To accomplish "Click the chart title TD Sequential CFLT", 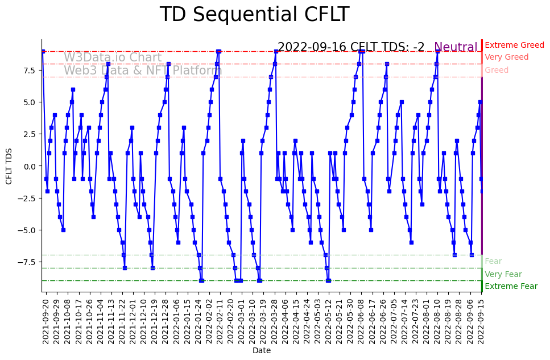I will click(x=254, y=15).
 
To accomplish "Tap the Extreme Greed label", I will click(x=514, y=45).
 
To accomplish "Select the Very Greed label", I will click(x=506, y=57).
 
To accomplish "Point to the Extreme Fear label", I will click(x=511, y=287).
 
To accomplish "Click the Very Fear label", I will click(x=503, y=274).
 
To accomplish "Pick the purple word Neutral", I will click(x=456, y=47).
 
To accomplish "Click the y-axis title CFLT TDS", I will click(x=9, y=166).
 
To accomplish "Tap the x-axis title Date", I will click(x=262, y=351).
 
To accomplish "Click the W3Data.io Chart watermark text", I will click(x=113, y=57).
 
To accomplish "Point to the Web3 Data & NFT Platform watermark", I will click(x=139, y=71).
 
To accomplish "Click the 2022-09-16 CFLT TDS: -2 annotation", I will click(x=351, y=47).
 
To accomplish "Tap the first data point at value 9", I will click(x=43, y=51).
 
